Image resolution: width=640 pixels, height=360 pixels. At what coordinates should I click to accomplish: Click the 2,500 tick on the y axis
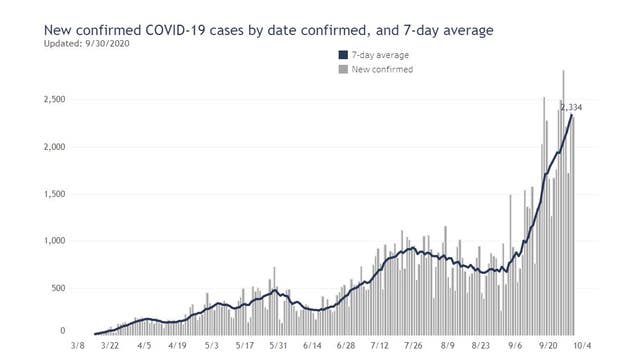[x=52, y=100]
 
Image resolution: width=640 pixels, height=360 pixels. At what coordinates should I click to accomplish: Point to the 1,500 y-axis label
[x=52, y=194]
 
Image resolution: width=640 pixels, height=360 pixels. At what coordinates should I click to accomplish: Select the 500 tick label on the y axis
[x=58, y=288]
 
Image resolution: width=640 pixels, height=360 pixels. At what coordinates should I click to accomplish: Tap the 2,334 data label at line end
[x=572, y=107]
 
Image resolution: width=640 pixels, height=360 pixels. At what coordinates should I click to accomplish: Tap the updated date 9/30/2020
[x=105, y=44]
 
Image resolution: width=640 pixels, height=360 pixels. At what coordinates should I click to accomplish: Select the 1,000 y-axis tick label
[x=52, y=241]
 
